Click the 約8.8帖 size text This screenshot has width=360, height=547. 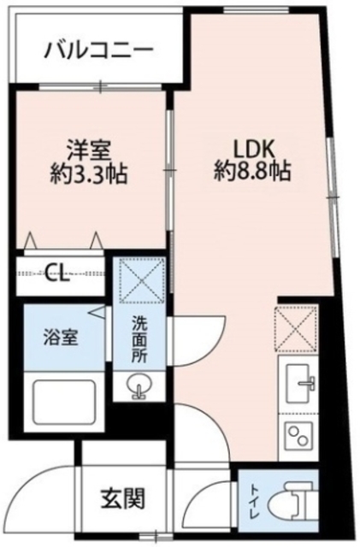coord(252,171)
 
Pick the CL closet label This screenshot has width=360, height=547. coord(56,274)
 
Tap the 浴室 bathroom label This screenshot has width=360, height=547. coord(62,337)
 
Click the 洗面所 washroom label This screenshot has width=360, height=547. coord(139,340)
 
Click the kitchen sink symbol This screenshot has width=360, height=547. coord(298,380)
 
